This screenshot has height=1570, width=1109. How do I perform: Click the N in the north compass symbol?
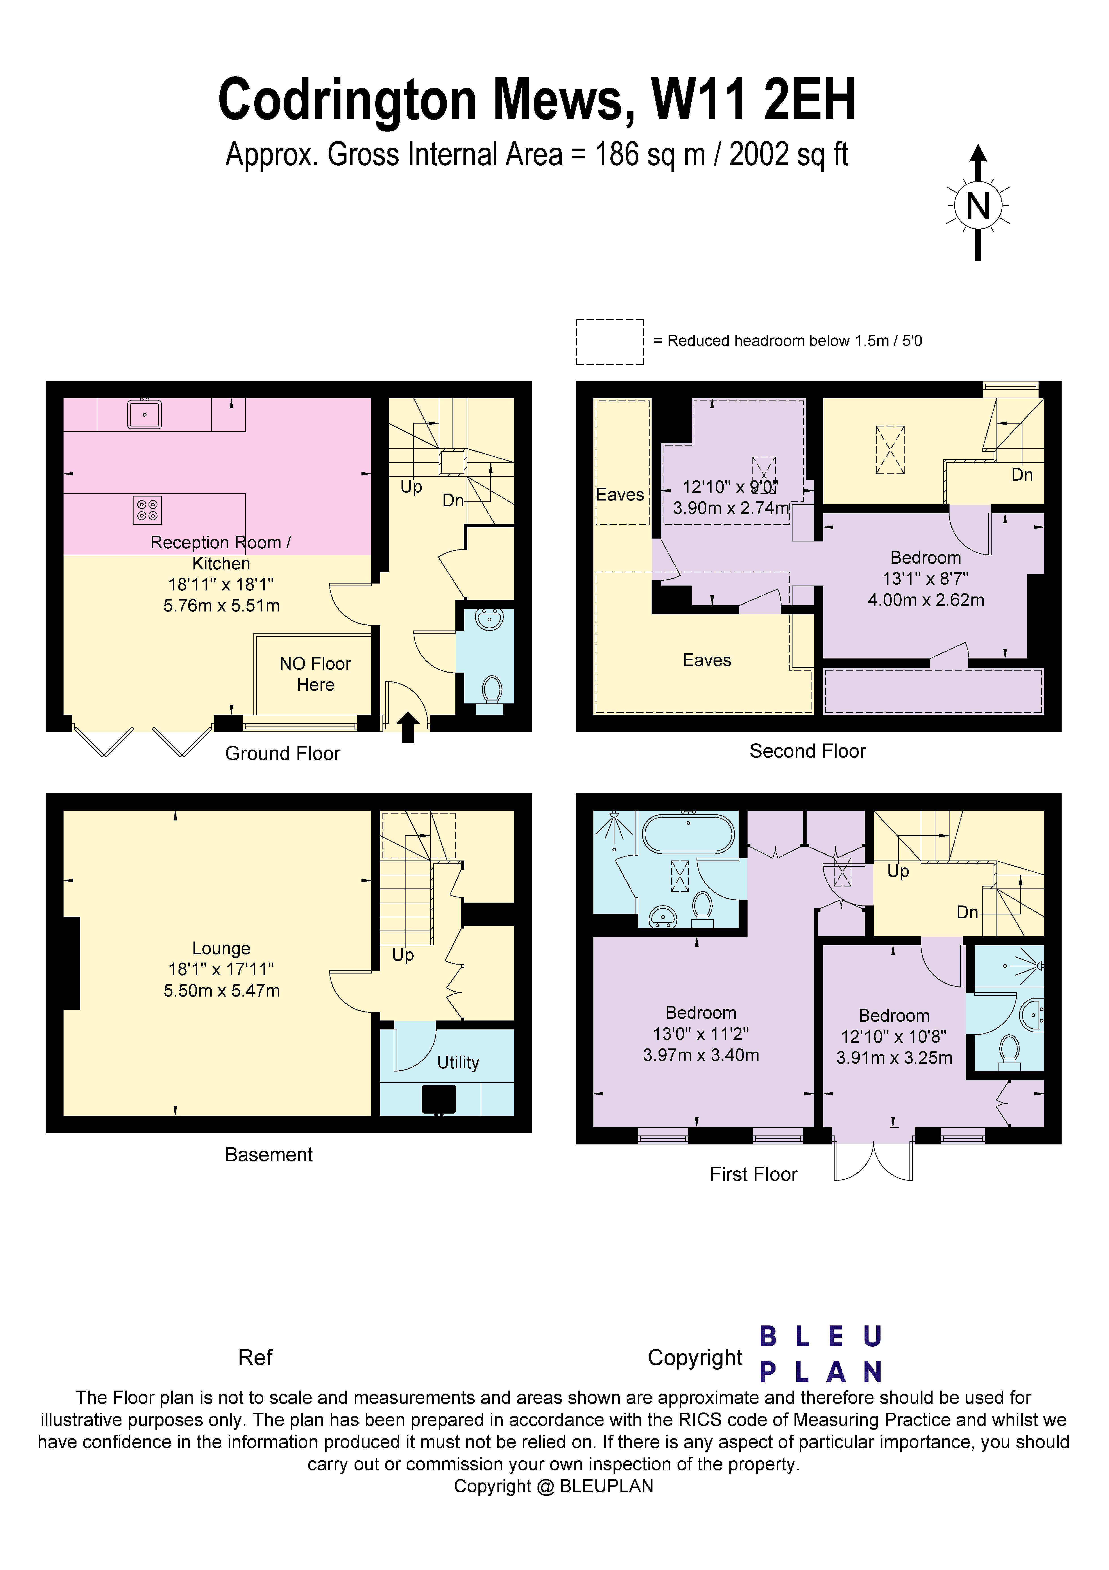click(x=978, y=205)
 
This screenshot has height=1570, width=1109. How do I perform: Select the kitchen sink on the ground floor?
click(x=144, y=414)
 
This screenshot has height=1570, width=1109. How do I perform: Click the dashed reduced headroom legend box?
click(x=609, y=341)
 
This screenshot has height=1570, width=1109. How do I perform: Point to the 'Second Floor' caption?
click(x=807, y=751)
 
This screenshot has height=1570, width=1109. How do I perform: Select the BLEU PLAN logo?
click(x=820, y=1354)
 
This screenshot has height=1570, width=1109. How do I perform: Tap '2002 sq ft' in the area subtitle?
click(x=788, y=155)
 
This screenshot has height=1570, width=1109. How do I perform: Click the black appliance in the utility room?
click(x=438, y=1099)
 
